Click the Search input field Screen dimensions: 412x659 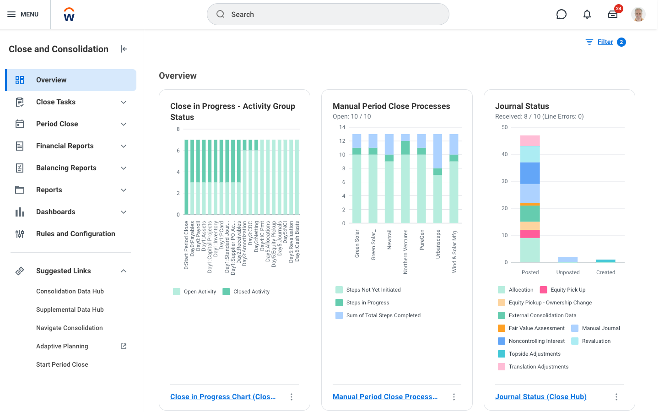click(x=328, y=14)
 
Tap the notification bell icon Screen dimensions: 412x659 click(x=587, y=14)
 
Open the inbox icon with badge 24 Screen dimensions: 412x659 click(x=613, y=14)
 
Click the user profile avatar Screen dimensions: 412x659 click(x=638, y=14)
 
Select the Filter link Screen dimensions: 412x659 click(x=605, y=42)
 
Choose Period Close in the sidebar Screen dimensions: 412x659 click(x=57, y=124)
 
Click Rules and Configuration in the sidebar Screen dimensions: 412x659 click(x=76, y=234)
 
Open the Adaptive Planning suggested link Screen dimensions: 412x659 click(x=62, y=347)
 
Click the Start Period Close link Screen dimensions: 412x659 click(x=62, y=365)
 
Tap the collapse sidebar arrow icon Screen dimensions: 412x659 click(x=124, y=49)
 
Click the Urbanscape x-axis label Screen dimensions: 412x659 click(x=438, y=244)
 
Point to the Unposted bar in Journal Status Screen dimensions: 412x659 click(x=567, y=260)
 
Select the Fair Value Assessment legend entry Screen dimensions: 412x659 click(x=536, y=328)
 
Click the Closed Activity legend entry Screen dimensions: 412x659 click(x=251, y=292)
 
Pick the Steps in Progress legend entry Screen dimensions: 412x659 click(x=367, y=303)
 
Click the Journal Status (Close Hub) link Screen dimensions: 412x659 click(x=540, y=397)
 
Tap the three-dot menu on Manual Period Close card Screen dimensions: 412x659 click(x=454, y=397)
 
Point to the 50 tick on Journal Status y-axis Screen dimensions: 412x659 click(x=504, y=127)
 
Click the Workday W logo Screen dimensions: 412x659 click(x=69, y=15)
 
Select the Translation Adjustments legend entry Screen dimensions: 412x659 click(x=538, y=367)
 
